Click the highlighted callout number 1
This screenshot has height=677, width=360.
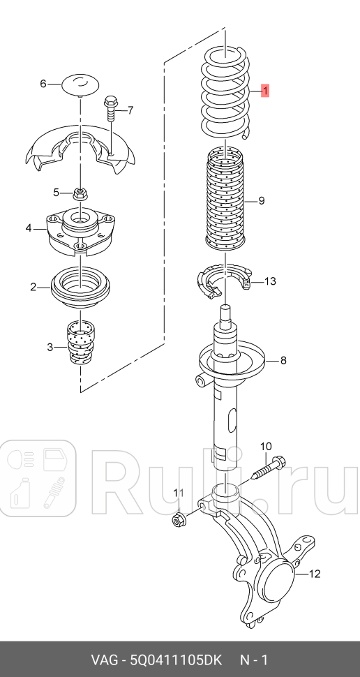click(x=264, y=90)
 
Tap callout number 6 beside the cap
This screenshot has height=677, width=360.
click(x=43, y=84)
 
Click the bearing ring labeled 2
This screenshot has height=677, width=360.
click(x=80, y=287)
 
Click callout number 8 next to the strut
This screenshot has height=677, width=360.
click(x=283, y=361)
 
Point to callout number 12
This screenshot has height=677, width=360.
click(x=314, y=574)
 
